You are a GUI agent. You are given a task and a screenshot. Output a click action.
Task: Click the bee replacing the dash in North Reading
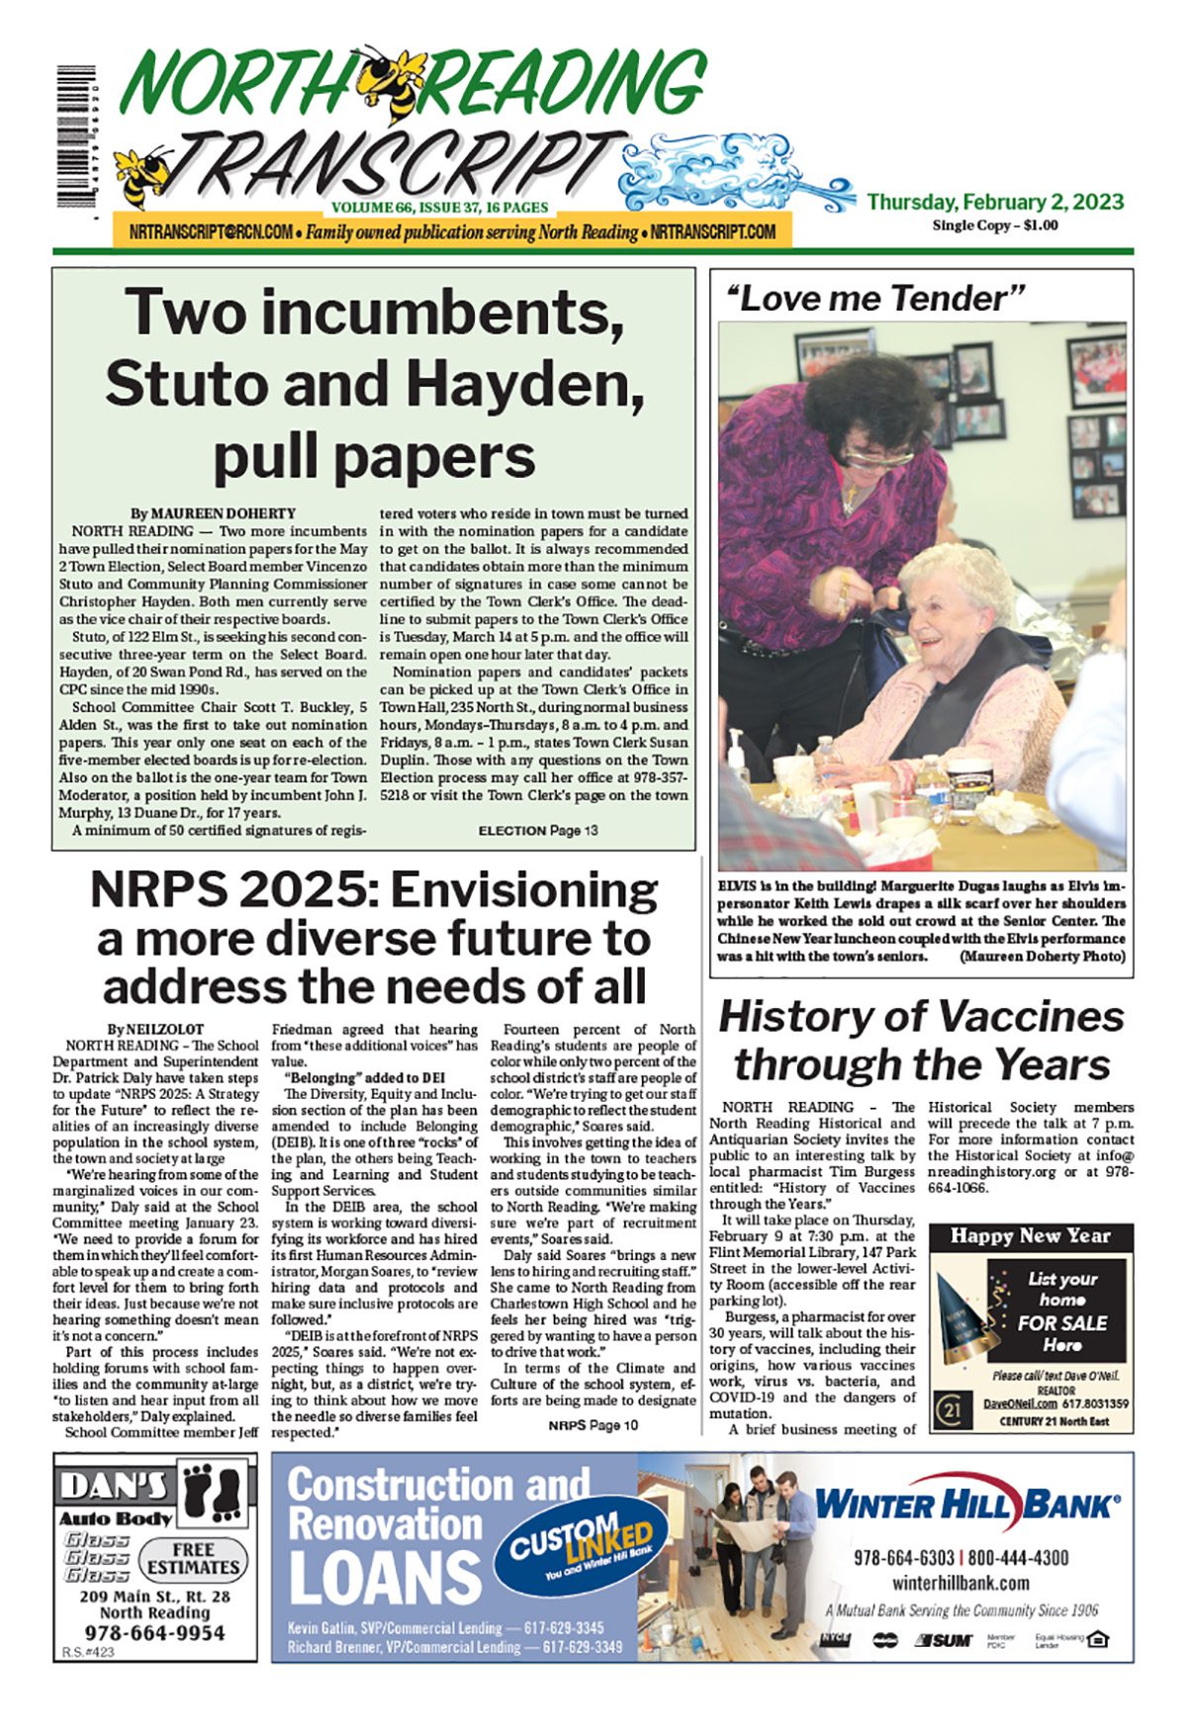(x=391, y=75)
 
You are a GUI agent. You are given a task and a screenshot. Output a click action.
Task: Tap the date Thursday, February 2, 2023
(x=995, y=202)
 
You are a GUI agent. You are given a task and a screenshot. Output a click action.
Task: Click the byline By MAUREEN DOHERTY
(x=214, y=513)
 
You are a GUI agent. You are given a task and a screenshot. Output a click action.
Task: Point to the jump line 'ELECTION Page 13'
(x=537, y=831)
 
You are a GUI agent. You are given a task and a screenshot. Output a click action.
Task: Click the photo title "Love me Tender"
(x=875, y=298)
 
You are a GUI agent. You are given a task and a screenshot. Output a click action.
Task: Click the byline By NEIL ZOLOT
(x=155, y=1029)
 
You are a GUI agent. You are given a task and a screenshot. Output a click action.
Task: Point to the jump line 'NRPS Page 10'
(x=593, y=1425)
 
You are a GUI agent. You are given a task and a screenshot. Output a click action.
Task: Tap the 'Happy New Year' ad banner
(x=1030, y=1235)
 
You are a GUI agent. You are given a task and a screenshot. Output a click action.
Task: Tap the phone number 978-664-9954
(x=154, y=1632)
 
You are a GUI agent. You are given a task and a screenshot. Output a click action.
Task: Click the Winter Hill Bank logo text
(x=966, y=1506)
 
